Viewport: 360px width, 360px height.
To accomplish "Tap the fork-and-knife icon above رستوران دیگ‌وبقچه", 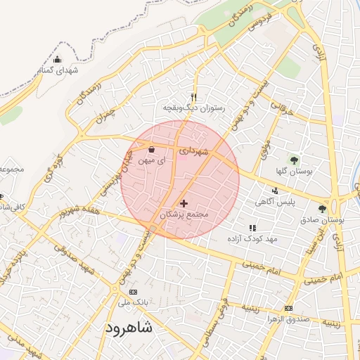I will point(195,98).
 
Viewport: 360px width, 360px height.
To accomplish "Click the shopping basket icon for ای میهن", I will point(153,149).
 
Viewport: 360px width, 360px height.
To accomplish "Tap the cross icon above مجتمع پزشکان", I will point(184,203).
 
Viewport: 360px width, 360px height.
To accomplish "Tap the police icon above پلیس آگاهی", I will point(275,190).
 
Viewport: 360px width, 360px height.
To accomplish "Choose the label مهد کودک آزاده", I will point(252,239).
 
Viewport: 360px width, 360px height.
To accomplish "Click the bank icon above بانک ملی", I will point(134,292).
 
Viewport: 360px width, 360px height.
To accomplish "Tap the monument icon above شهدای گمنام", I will point(58,59).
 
